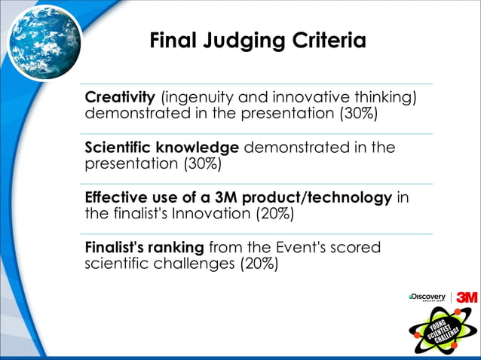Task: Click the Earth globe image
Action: point(44,41)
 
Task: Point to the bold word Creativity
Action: point(120,98)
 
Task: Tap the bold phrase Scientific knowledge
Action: point(162,148)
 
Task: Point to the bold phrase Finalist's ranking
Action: point(144,247)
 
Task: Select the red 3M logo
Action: point(467,297)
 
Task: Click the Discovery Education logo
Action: point(427,297)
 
